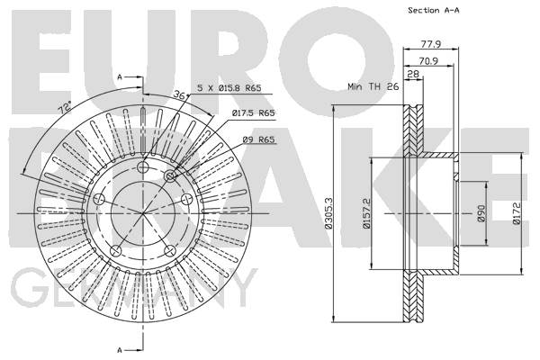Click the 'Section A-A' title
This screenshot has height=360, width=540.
pyautogui.click(x=434, y=10)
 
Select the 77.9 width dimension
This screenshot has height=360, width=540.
pyautogui.click(x=431, y=44)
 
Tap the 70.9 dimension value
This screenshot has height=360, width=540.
pyautogui.click(x=428, y=61)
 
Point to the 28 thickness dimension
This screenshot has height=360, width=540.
pyautogui.click(x=413, y=74)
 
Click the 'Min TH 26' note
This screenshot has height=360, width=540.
pyautogui.click(x=373, y=86)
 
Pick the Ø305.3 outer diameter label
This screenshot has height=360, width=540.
pyautogui.click(x=328, y=212)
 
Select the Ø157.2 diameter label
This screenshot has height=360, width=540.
pyautogui.click(x=365, y=213)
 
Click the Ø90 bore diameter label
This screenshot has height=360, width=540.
pyautogui.click(x=481, y=213)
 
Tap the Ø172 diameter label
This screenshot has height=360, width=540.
pyautogui.click(x=517, y=213)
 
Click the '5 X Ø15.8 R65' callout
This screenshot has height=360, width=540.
pyautogui.click(x=229, y=88)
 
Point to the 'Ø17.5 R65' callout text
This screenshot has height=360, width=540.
pyautogui.click(x=253, y=112)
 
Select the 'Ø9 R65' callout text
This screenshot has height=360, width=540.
pyautogui.click(x=258, y=139)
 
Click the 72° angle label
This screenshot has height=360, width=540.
pyautogui.click(x=65, y=108)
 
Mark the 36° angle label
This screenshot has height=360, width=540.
pyautogui.click(x=179, y=95)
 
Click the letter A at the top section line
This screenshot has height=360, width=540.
pyautogui.click(x=120, y=77)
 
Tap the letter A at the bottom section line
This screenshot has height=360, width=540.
pyautogui.click(x=120, y=350)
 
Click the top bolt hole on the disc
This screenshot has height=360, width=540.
pyautogui.click(x=142, y=167)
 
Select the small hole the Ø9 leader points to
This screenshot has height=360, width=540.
pyautogui.click(x=170, y=176)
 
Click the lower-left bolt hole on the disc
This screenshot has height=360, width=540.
pyautogui.click(x=116, y=250)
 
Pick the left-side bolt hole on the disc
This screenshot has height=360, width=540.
pyautogui.click(x=99, y=199)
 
